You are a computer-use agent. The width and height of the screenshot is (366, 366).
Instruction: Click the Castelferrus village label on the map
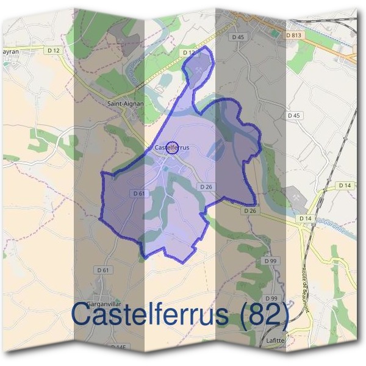tap(171, 148)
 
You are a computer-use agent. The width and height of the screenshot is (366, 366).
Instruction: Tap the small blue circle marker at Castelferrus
tap(173, 147)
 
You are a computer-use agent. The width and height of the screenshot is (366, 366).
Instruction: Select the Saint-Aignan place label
tap(125, 104)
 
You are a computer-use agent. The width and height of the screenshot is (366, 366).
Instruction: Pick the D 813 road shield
tap(294, 36)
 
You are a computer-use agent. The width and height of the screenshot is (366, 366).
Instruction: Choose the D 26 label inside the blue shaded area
tap(204, 187)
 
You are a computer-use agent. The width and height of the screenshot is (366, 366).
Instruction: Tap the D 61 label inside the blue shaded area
tap(139, 193)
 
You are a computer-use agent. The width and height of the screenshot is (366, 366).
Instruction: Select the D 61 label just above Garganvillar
tap(102, 270)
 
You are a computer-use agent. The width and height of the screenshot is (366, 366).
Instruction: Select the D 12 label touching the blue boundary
tap(188, 53)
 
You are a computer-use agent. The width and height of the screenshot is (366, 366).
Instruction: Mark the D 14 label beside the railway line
tap(345, 185)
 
